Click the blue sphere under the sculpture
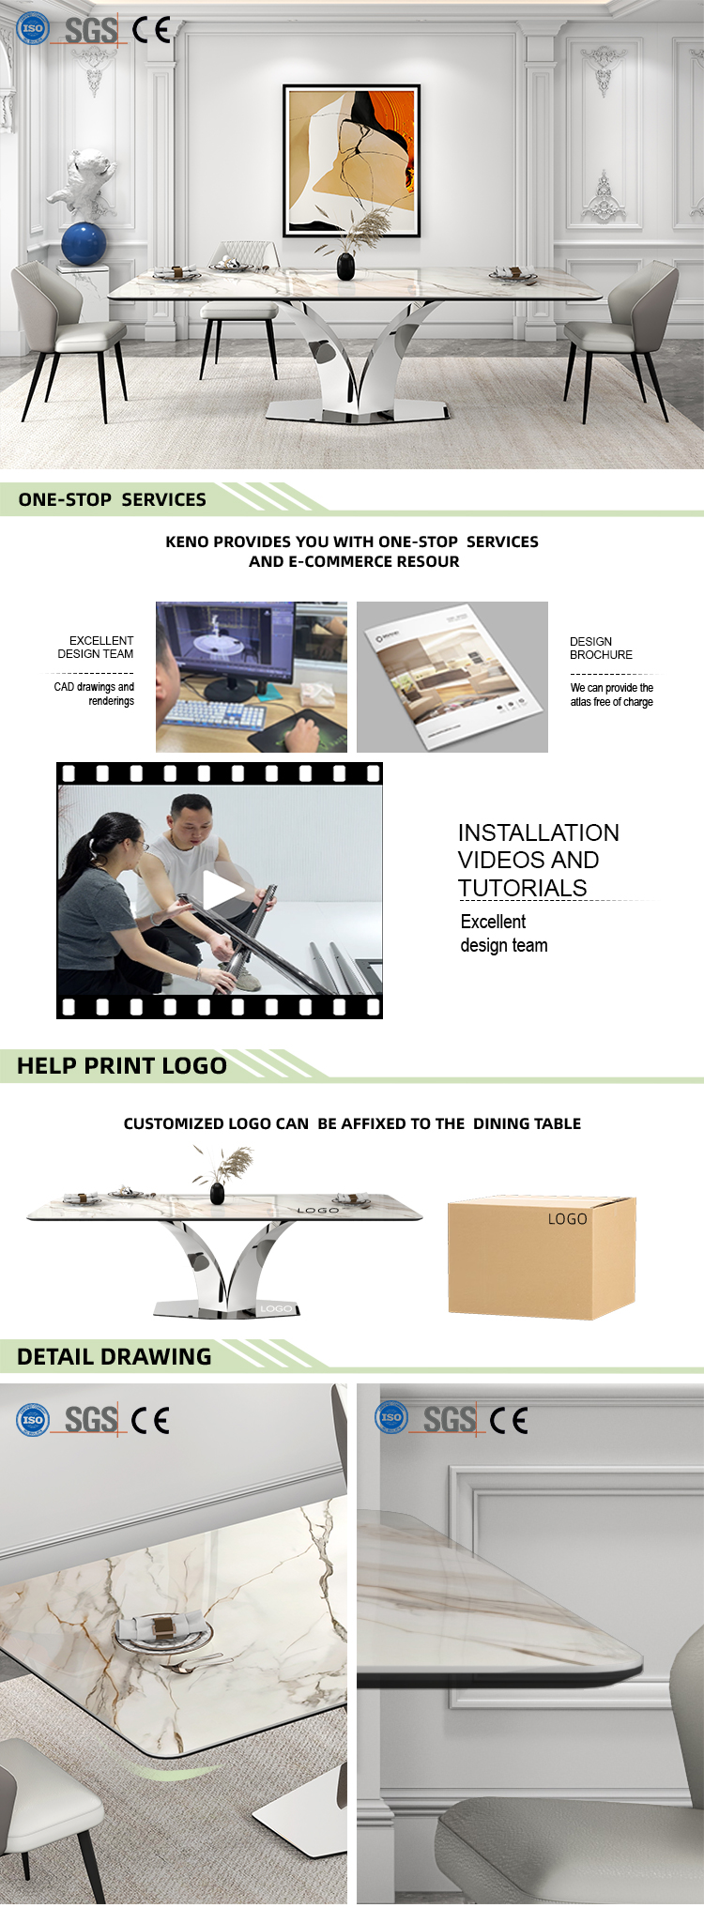(x=84, y=244)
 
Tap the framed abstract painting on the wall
(x=351, y=160)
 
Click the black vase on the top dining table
(x=345, y=266)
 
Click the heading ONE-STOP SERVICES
(x=113, y=499)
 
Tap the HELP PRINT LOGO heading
(x=122, y=1065)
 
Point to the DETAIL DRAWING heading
(x=115, y=1356)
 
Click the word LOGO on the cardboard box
(x=567, y=1219)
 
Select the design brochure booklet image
(x=452, y=677)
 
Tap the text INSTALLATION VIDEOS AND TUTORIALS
(x=538, y=860)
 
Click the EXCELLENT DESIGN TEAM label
(x=96, y=648)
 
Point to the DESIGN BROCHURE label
(x=601, y=649)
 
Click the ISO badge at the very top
(x=33, y=28)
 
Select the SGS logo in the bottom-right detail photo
(x=449, y=1420)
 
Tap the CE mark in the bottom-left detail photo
(x=150, y=1420)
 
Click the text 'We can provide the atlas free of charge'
(x=612, y=695)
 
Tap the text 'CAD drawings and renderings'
(x=94, y=694)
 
